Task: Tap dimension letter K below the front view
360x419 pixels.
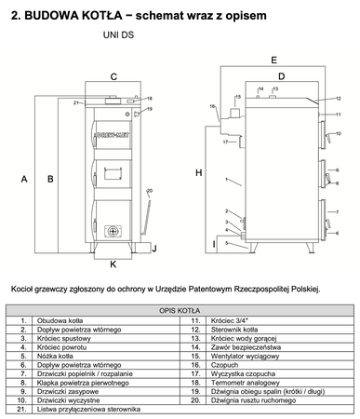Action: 113,264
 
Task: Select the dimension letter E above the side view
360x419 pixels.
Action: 273,60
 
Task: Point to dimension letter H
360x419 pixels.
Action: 198,173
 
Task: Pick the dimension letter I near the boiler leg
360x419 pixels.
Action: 214,244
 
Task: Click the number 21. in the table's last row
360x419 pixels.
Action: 20,408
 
